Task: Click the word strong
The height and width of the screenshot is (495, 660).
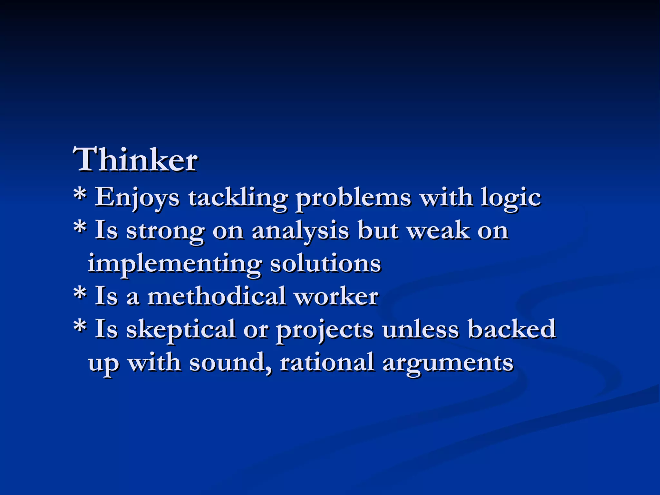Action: [x=165, y=231]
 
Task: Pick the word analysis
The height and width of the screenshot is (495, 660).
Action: [x=300, y=231]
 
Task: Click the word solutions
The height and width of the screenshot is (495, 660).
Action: [x=325, y=264]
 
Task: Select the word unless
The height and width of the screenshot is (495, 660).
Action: [x=420, y=329]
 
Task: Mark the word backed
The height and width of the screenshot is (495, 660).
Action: [x=512, y=329]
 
